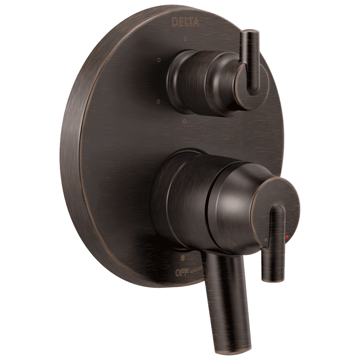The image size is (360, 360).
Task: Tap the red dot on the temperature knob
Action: [x=287, y=237]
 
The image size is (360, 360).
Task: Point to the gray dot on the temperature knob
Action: [x=265, y=240]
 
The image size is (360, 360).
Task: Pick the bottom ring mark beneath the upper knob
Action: [x=185, y=121]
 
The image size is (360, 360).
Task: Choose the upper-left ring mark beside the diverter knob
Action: [x=159, y=60]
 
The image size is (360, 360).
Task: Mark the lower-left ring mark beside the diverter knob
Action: [x=159, y=100]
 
